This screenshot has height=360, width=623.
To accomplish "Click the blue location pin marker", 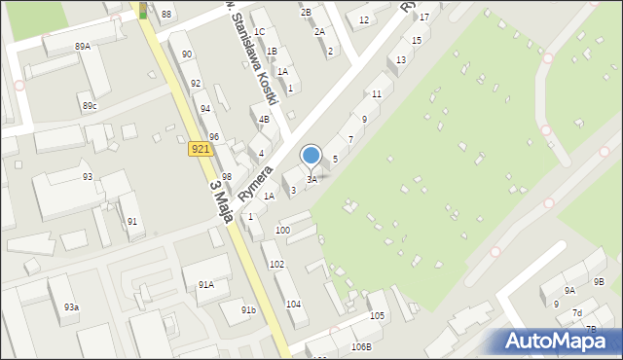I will click(311, 156).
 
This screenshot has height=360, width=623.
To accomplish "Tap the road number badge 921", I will click(200, 148).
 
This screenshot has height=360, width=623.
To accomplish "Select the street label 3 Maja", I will click(220, 199).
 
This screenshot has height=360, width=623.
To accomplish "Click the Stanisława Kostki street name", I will click(259, 58).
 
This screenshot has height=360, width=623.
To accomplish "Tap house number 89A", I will click(83, 46).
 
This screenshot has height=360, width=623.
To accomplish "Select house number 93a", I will click(71, 307).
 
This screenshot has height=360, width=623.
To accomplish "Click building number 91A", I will click(205, 285).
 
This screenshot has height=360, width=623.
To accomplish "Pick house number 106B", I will click(361, 347).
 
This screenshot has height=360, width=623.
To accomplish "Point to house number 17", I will click(423, 18).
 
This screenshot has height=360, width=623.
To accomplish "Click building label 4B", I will click(264, 120).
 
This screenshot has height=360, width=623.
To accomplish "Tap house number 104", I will click(293, 305).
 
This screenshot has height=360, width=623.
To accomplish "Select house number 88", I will click(166, 14).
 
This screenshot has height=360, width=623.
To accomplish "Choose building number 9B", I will click(599, 282).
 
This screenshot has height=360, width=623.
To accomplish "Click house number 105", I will click(377, 316).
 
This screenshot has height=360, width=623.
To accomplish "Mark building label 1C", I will click(259, 32).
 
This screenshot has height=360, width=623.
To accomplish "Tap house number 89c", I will click(90, 105).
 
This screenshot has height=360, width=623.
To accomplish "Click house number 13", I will click(401, 60).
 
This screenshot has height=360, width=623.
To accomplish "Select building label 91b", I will click(249, 310).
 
